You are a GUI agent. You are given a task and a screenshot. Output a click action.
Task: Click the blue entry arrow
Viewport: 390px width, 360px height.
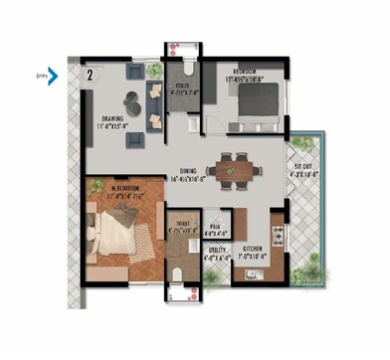tap(53, 74)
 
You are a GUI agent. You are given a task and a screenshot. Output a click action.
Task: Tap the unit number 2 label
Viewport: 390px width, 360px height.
tap(91, 73)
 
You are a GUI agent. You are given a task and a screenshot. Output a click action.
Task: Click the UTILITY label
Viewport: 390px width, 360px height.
tap(216, 250)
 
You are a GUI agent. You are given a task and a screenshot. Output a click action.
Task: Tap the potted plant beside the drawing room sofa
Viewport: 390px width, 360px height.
tap(153, 73)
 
